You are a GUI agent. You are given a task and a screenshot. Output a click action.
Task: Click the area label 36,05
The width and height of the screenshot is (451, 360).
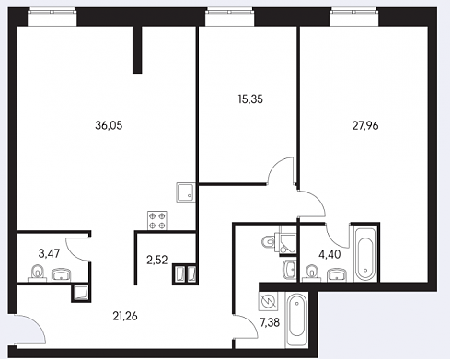109,125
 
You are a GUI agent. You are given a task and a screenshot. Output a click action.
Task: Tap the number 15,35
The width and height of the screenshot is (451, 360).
250,99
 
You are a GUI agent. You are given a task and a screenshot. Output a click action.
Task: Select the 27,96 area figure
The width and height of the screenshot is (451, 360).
365,126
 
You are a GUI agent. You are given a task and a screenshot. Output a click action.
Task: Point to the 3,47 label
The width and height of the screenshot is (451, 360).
49,253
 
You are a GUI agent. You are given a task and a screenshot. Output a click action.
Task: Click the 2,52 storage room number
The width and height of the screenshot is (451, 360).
157,261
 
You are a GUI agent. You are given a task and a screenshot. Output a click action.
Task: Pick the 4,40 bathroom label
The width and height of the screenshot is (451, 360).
330,254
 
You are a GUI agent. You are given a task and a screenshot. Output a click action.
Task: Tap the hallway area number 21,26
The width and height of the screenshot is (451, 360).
125,316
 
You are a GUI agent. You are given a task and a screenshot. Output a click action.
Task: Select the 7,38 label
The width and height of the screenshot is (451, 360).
270,322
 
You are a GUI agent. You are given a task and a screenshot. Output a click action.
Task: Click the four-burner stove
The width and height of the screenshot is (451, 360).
157,221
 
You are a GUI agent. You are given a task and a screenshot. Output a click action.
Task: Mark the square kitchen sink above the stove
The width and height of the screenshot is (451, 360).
186,192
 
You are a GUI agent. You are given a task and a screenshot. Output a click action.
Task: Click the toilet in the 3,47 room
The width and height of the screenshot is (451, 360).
38,273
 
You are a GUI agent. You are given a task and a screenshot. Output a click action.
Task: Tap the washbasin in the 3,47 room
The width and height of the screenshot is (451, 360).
61,275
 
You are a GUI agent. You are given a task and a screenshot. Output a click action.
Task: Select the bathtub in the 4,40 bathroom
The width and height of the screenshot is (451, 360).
365,254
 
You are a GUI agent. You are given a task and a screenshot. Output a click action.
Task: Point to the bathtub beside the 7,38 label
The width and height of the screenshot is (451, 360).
296,320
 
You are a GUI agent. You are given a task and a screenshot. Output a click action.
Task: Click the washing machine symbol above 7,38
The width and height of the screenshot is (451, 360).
268,300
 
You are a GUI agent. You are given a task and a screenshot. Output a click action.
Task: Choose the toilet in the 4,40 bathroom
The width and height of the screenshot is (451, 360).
312,273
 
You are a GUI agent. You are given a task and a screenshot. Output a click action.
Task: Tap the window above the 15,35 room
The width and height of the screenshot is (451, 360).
230,17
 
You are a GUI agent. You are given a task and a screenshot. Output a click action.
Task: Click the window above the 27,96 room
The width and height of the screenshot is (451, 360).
353,17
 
